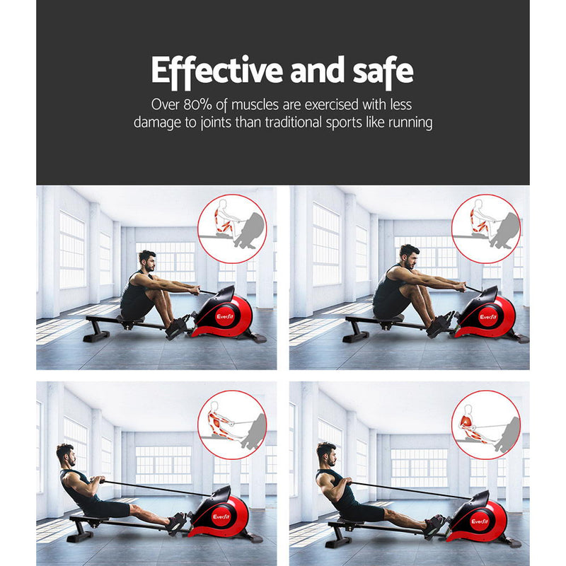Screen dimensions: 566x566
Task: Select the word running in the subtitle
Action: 406,122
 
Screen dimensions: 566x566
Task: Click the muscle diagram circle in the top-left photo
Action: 232,229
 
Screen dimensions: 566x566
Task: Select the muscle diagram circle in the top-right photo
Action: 485,229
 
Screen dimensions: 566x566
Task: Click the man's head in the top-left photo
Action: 146,260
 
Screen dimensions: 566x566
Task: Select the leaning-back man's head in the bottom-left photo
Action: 66,454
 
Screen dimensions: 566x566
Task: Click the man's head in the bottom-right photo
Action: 326,452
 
